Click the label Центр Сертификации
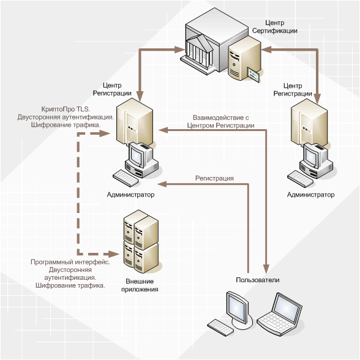tap(274, 27)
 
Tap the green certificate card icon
tap(253, 75)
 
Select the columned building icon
tap(199, 51)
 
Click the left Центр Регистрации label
tap(112, 89)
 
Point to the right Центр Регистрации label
tap(293, 89)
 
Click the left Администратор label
tap(130, 195)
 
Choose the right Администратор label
tap(310, 195)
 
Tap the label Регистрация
tap(214, 178)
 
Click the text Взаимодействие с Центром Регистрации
tap(220, 121)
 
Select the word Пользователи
tap(258, 280)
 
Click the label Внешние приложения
tap(140, 285)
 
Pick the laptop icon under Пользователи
tap(279, 314)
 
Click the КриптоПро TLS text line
tap(66, 109)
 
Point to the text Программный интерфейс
tap(70, 262)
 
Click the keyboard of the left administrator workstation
tap(127, 178)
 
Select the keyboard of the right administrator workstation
tap(301, 179)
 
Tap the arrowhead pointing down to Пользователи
tap(266, 269)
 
